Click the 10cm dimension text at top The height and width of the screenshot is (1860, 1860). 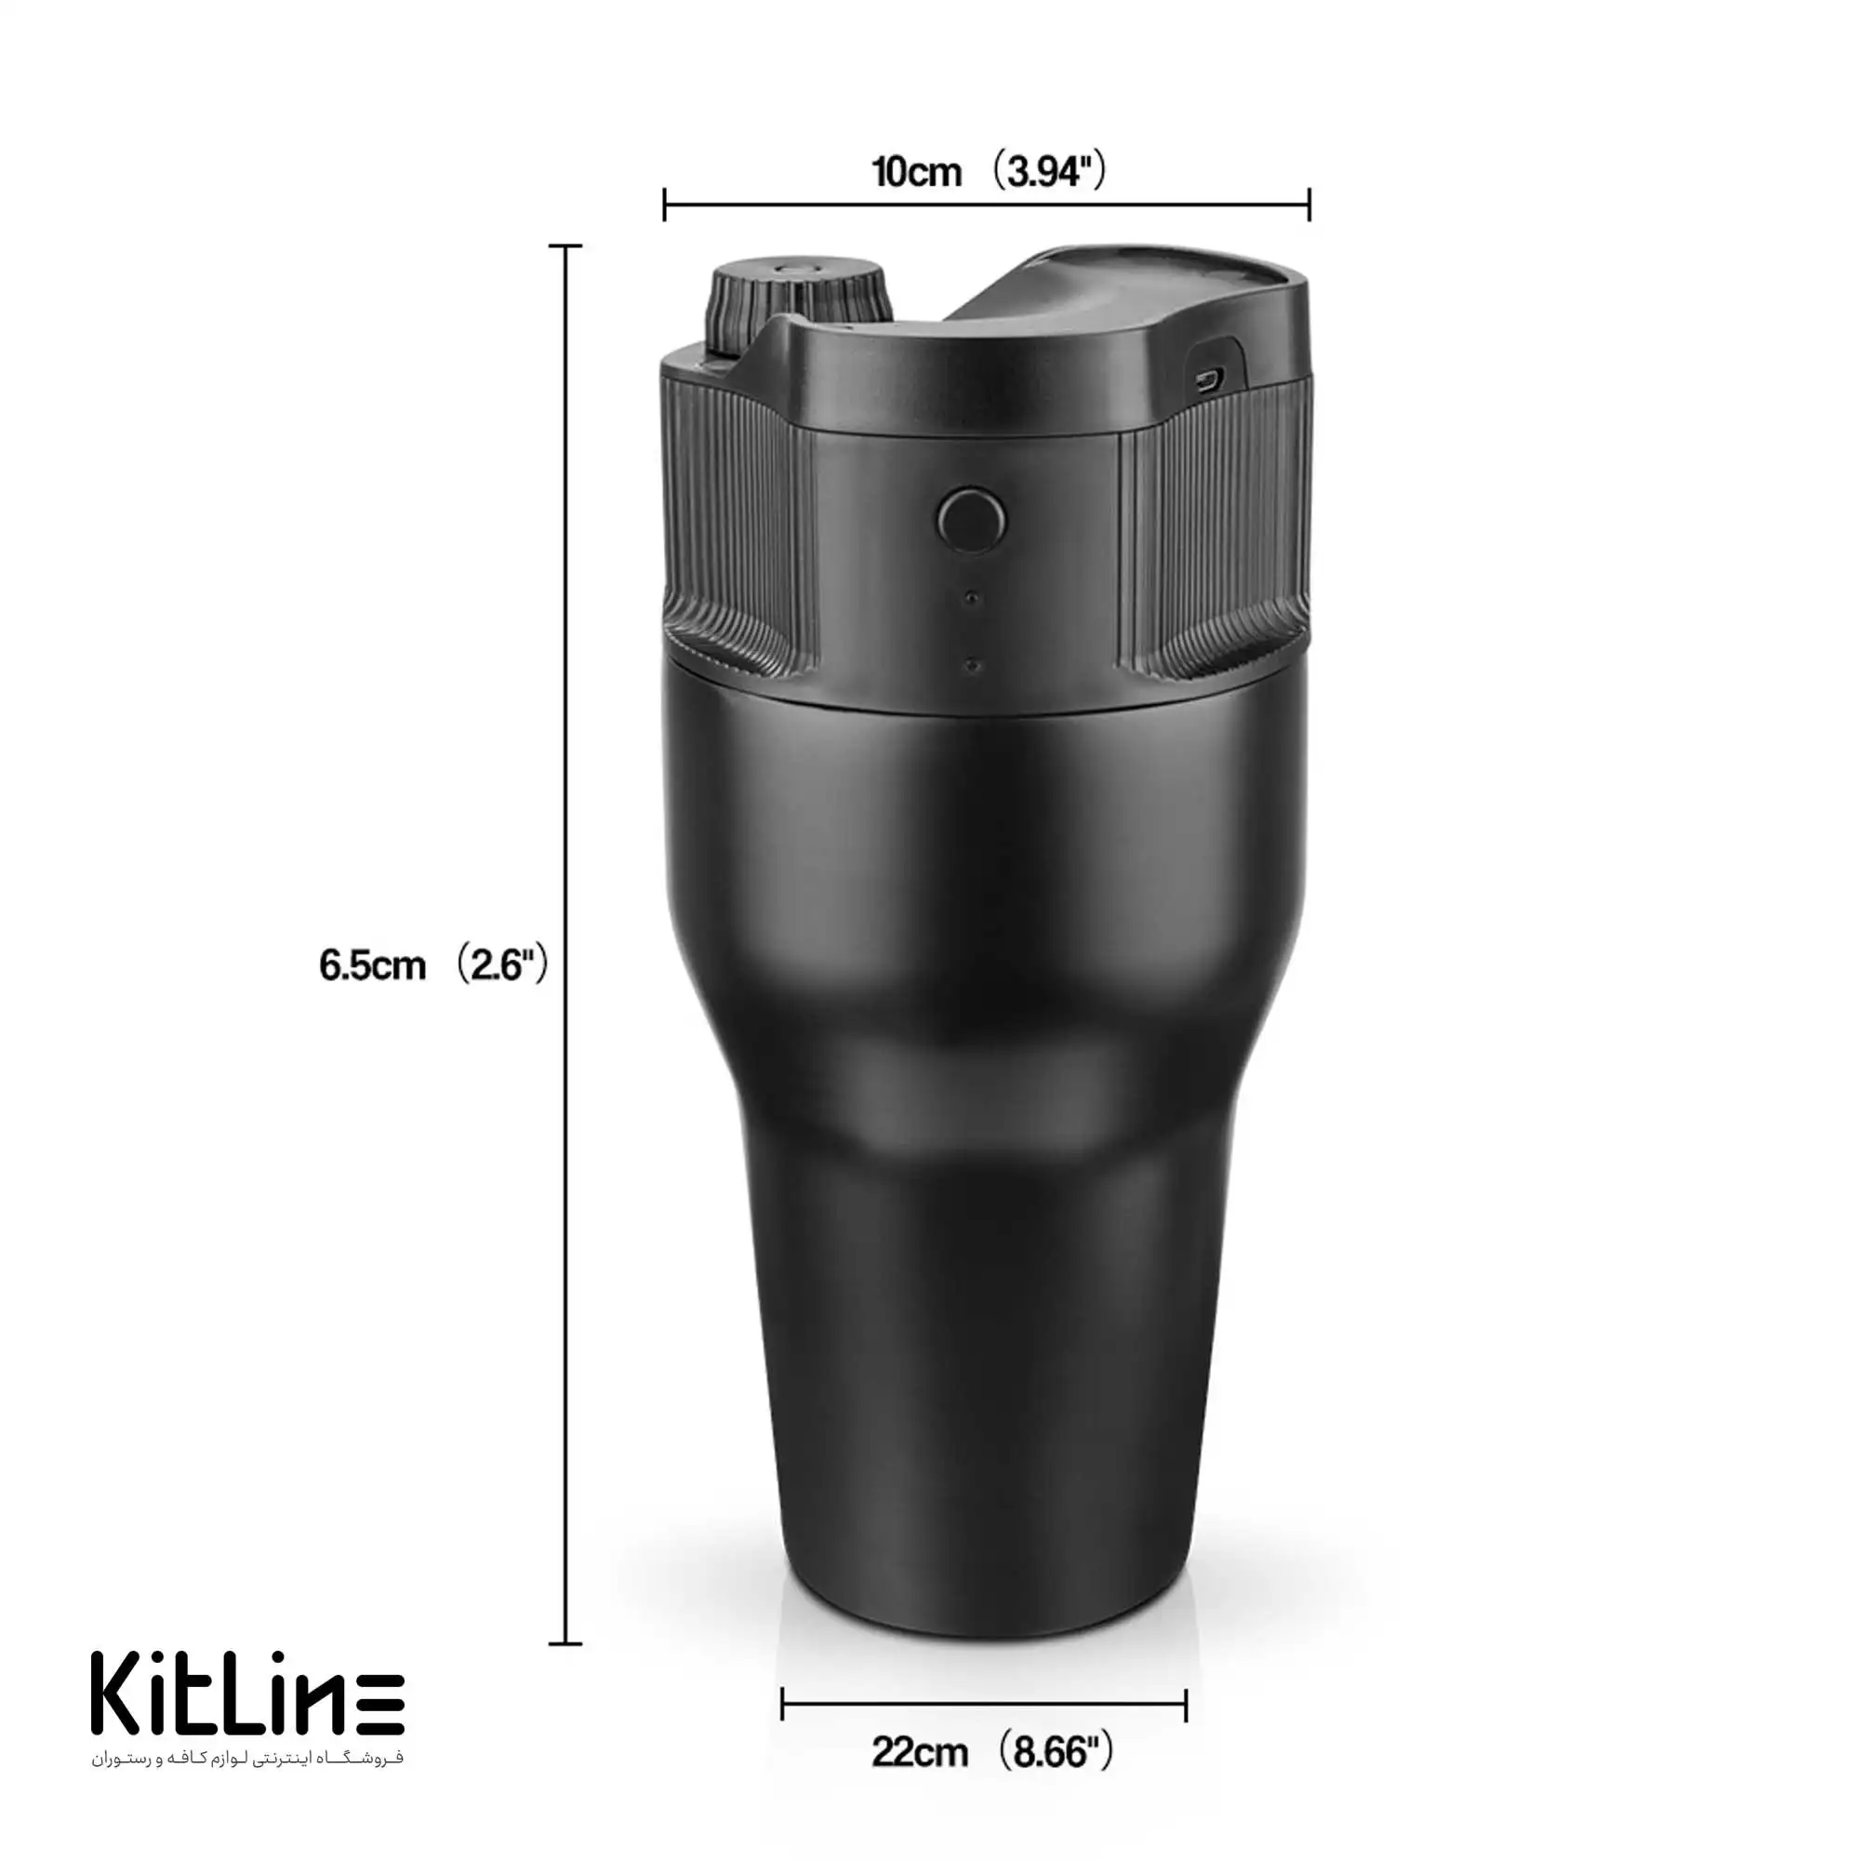pos(917,172)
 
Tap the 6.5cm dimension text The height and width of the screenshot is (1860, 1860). pos(373,965)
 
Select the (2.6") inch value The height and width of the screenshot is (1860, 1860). pos(500,964)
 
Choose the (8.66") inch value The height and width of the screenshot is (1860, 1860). pos(1054,1752)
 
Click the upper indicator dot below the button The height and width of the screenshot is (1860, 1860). pos(973,599)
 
